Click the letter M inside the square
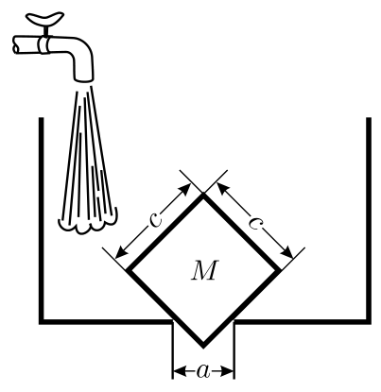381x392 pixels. (204, 270)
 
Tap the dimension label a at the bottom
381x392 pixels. (203, 371)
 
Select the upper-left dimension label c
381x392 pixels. (155, 218)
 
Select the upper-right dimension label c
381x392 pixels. (255, 222)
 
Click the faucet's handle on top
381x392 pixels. (45, 19)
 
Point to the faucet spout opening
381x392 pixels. (84, 80)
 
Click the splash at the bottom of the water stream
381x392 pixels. (88, 223)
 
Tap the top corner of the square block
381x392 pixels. (203, 195)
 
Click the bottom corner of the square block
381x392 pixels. (203, 346)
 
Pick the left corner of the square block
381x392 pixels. (128, 270)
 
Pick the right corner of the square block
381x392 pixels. (279, 270)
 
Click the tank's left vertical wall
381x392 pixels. (41, 220)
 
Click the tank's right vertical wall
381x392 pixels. (369, 220)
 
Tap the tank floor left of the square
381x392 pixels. (106, 321)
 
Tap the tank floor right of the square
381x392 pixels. (302, 321)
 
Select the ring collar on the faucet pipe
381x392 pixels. (43, 44)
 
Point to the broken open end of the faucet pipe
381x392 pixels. (16, 44)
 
